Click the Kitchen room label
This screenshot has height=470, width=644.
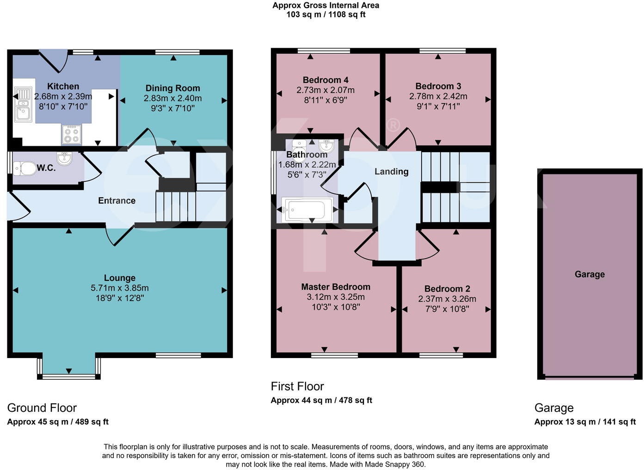click(x=63, y=87)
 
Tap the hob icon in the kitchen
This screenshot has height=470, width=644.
click(x=72, y=135)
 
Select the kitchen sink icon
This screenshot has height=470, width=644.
click(x=22, y=105)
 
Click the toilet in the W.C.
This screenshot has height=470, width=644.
click(x=25, y=168)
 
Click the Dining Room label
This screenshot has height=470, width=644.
click(x=172, y=88)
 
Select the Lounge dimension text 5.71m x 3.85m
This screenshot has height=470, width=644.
click(x=120, y=288)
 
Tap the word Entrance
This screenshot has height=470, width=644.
click(x=117, y=201)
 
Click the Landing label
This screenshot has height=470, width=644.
click(x=391, y=172)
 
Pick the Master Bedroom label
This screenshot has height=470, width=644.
click(x=336, y=287)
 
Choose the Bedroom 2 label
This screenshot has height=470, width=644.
click(x=447, y=289)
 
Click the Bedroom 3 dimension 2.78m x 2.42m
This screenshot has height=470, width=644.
click(x=438, y=96)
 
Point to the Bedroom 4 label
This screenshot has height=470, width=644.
click(x=325, y=80)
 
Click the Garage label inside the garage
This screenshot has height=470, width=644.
click(x=589, y=274)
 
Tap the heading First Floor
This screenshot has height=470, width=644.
click(x=297, y=386)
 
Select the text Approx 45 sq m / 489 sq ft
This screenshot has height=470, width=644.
click(x=58, y=422)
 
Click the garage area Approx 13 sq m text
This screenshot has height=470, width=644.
click(x=585, y=422)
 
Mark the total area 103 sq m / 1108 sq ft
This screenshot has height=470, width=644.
click(x=325, y=14)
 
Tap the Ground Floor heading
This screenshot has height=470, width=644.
click(x=42, y=408)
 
